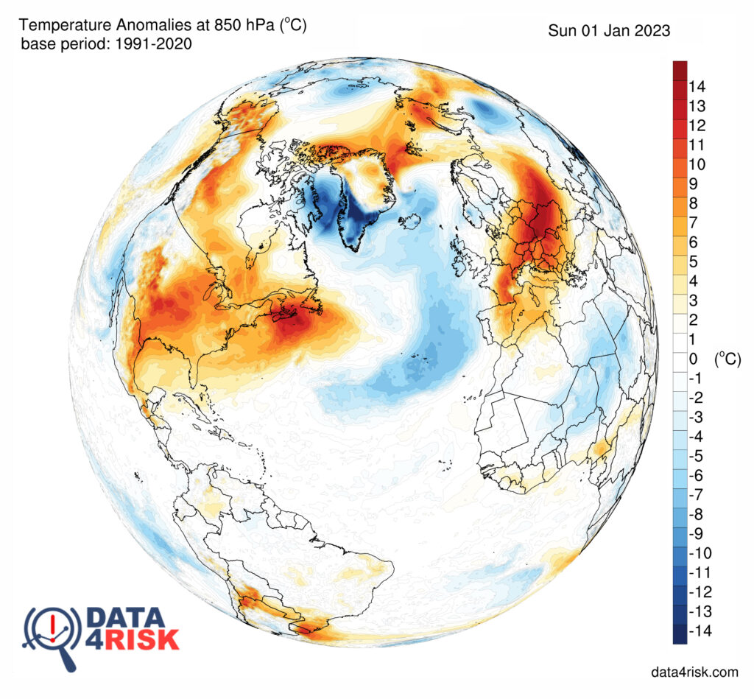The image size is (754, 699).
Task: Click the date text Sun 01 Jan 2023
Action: coord(609,31)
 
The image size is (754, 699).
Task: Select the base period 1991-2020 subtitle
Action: coord(106,45)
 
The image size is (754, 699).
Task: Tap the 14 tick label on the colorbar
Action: coord(697,87)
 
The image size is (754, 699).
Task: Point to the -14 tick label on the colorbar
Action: coord(699,631)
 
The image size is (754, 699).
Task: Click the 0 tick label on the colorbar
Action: coord(693,359)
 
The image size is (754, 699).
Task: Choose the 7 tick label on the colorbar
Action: coord(693,222)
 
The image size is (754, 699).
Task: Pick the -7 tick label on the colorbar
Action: coord(696,495)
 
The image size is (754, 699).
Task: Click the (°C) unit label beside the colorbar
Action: coord(727,359)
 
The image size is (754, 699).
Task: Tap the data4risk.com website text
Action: coord(694,672)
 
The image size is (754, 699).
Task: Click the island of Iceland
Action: coord(411,219)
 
